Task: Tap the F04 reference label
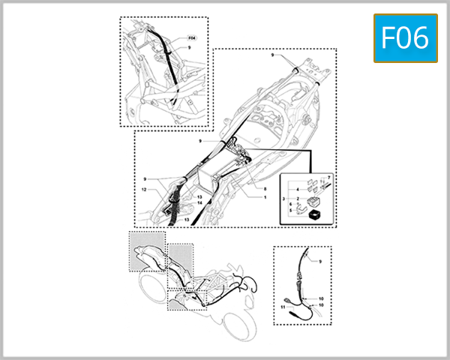(x=190, y=37)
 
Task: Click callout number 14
(x=199, y=203)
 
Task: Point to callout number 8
(x=265, y=187)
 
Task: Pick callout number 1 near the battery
(x=264, y=197)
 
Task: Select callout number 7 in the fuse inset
(x=328, y=175)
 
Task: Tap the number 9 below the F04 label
(x=190, y=48)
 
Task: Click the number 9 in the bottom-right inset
(x=319, y=262)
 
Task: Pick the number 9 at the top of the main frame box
(x=273, y=55)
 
